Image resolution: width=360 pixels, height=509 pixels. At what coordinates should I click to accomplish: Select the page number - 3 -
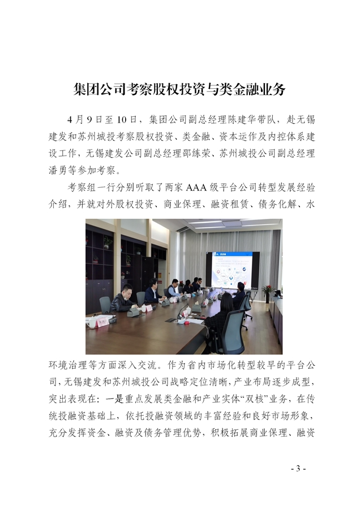[x=297, y=468]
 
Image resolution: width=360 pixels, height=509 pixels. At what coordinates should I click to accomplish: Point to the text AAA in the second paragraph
[x=205, y=188]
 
